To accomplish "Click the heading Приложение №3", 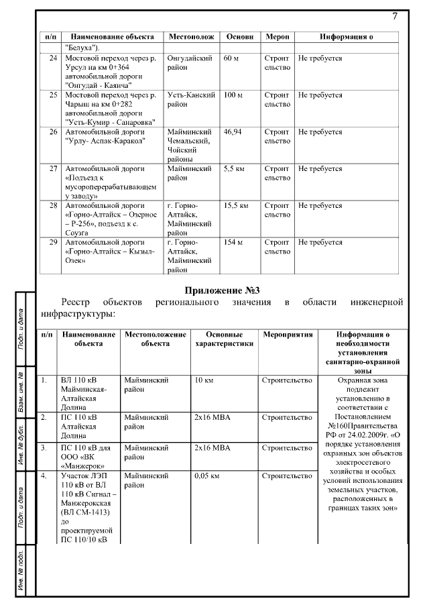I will click(222, 290).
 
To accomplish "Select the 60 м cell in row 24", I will click(231, 59).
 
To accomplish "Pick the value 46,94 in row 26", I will click(233, 132).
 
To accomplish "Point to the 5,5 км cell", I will click(234, 169).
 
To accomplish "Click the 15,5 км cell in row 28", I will click(236, 205).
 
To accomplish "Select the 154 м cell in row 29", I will click(233, 242).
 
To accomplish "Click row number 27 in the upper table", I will click(52, 169).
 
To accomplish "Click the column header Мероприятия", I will click(287, 333).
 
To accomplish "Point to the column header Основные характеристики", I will click(224, 338).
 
